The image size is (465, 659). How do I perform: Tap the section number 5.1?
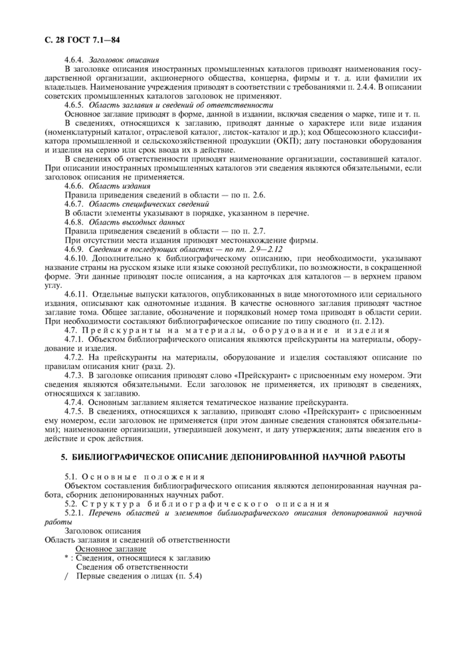72,477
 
